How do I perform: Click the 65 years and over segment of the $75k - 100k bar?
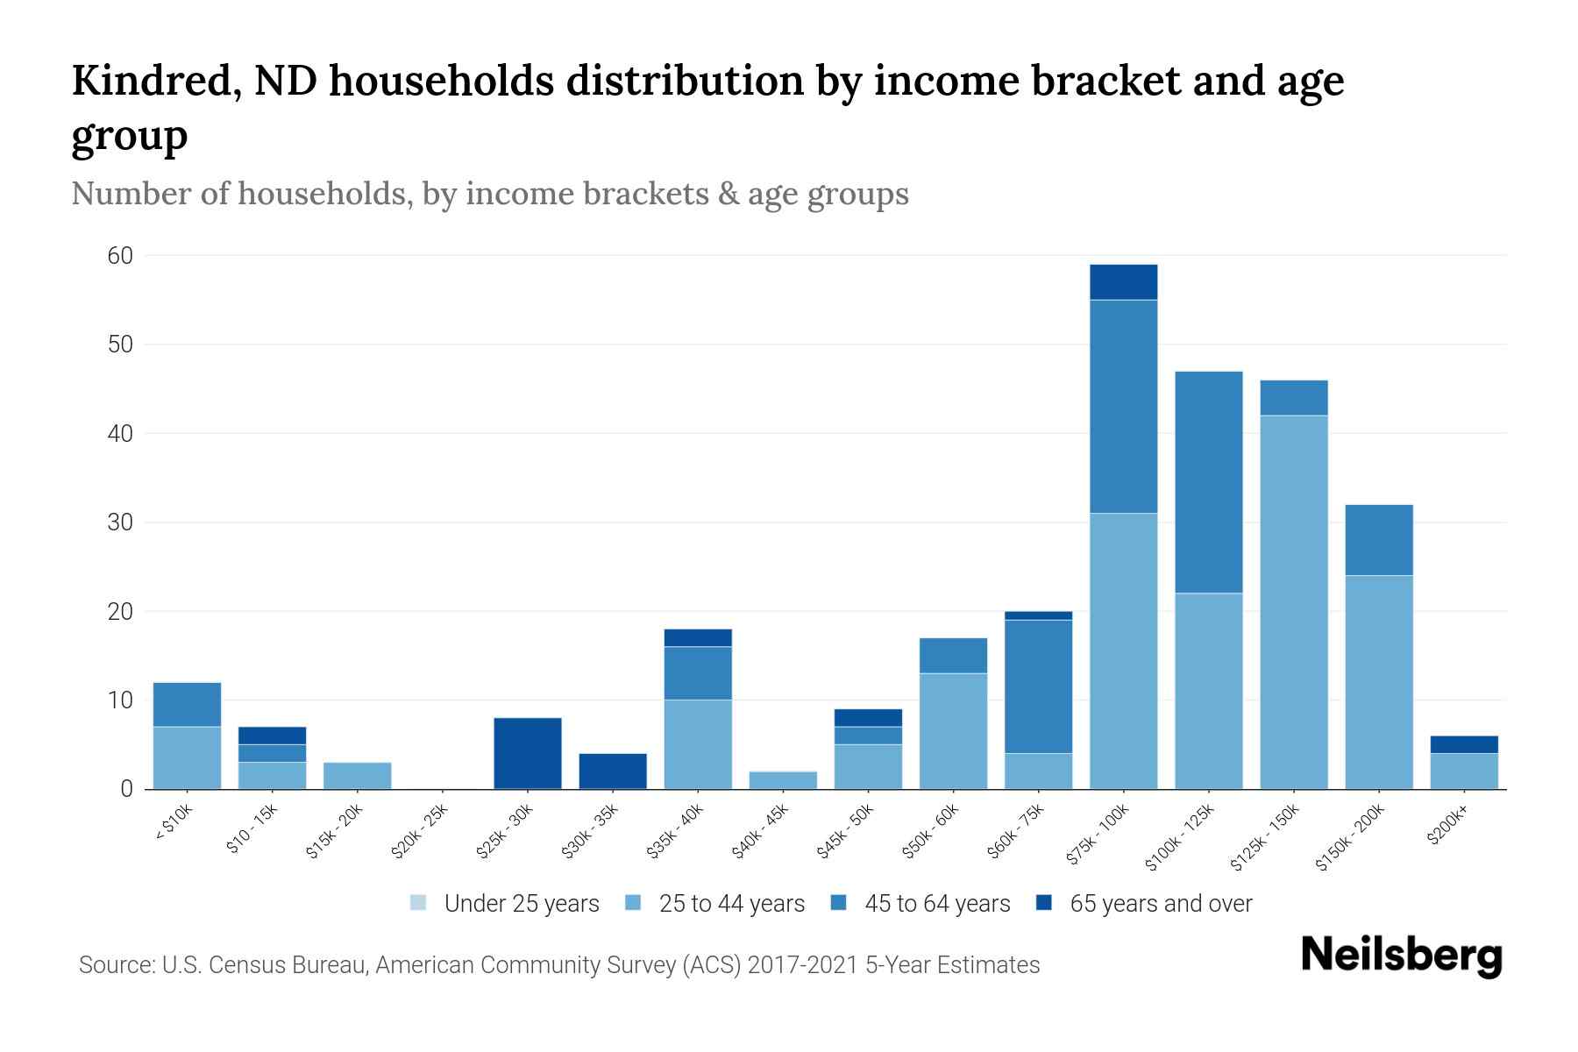(1123, 281)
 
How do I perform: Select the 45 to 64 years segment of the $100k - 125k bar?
(1208, 482)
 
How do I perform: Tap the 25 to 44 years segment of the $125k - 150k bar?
(1293, 601)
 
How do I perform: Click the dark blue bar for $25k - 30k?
(528, 753)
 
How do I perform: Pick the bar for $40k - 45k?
(783, 780)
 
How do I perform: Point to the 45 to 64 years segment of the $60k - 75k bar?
(1038, 686)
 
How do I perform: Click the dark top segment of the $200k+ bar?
(1463, 744)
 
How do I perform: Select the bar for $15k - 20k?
(357, 776)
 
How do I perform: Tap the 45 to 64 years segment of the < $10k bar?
(187, 704)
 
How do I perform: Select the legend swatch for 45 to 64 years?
(839, 903)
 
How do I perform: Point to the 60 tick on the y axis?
(120, 256)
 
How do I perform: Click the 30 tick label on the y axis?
(120, 522)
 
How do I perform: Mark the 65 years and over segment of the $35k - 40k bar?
(698, 637)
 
